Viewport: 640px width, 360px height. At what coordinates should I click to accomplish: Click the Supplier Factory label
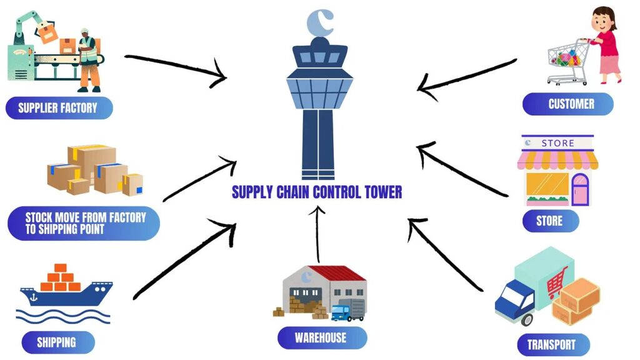[x=58, y=108]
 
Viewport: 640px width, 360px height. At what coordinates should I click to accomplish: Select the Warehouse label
[x=321, y=338]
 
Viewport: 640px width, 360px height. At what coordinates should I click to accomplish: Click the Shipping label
[x=57, y=342]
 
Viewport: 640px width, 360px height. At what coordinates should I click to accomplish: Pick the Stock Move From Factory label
[x=84, y=223]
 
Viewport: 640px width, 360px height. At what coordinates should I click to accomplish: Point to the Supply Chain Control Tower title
[x=317, y=191]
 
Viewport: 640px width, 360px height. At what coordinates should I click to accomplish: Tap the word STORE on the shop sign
[x=557, y=143]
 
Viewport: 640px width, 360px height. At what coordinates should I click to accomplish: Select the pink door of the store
[x=581, y=189]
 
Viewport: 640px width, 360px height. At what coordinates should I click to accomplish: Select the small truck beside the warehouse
[x=348, y=311]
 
